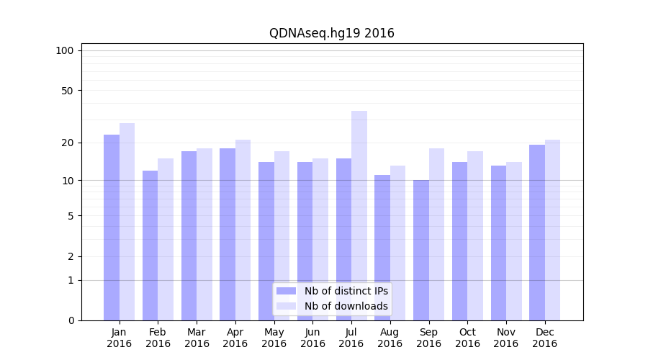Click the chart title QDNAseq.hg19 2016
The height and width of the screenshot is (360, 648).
tap(331, 33)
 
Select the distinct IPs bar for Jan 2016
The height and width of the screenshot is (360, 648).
tap(112, 228)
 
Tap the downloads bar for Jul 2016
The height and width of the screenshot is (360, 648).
tap(359, 216)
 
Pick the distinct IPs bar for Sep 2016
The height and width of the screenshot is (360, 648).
tap(421, 251)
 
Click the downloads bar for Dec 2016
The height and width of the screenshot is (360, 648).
tap(552, 230)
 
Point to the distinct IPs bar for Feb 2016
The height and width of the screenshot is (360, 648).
tap(150, 246)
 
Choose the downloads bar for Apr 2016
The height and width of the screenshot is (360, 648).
tap(243, 230)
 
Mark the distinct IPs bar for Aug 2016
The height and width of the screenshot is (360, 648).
tap(382, 248)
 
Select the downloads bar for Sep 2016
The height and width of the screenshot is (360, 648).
tap(436, 235)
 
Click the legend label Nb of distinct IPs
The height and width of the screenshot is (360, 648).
tap(346, 291)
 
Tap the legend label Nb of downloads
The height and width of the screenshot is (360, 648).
tap(346, 306)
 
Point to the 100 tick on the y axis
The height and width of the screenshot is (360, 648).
tap(65, 50)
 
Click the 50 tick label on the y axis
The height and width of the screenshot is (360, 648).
tap(67, 91)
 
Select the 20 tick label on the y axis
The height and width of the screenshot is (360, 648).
tap(67, 143)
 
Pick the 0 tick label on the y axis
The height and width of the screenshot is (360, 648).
tap(71, 320)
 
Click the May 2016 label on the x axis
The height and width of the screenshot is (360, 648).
tap(274, 338)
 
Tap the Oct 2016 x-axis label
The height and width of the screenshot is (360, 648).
tap(467, 338)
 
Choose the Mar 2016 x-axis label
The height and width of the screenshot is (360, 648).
tap(197, 338)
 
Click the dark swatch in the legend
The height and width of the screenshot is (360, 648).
tap(286, 291)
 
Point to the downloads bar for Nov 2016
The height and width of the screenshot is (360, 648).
tap(514, 241)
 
